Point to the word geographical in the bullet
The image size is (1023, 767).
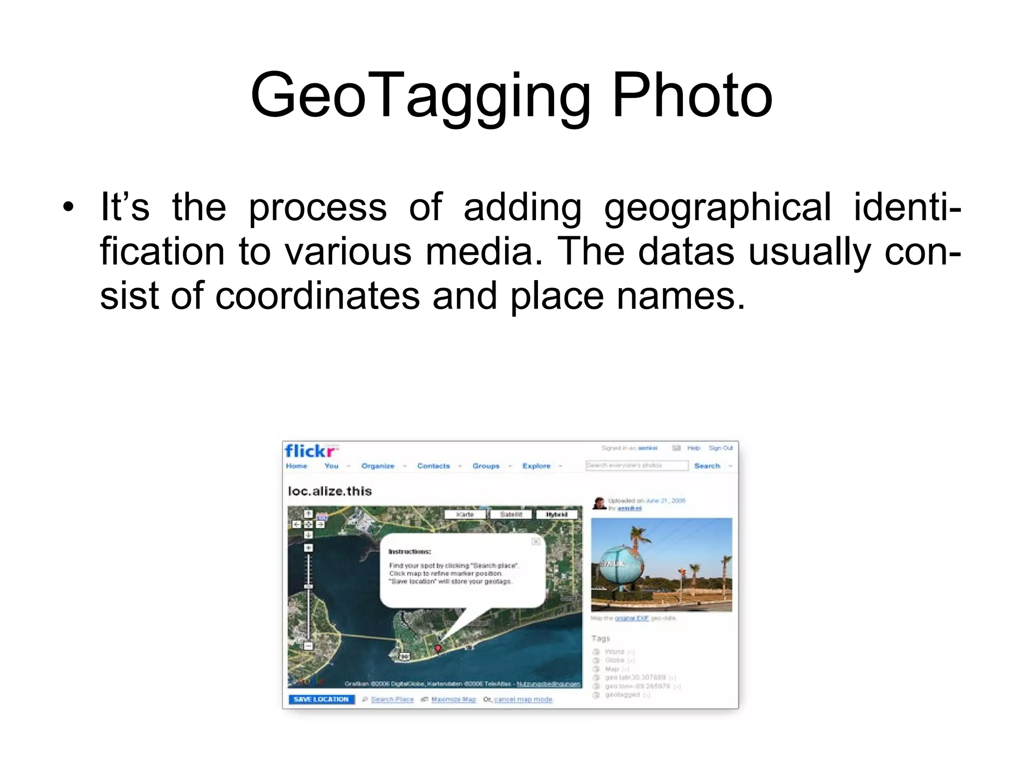coord(717,207)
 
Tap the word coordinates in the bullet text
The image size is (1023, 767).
coord(318,296)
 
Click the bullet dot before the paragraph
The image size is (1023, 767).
coord(68,207)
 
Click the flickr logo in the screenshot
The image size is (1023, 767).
coord(311,451)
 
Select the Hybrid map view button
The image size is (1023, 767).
coord(556,514)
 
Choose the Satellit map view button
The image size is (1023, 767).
coord(511,514)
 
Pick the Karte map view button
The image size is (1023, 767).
coord(465,514)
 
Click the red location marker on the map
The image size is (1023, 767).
coord(438,648)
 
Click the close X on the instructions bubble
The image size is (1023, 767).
coord(536,541)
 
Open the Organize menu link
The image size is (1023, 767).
coord(378,466)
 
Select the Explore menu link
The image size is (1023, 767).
coord(536,466)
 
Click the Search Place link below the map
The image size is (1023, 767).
coord(392,699)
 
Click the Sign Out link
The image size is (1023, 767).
coord(720,448)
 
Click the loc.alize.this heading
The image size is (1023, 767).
coord(330,491)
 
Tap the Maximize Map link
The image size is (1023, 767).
coord(454,699)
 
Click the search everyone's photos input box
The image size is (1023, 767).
coord(637,465)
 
